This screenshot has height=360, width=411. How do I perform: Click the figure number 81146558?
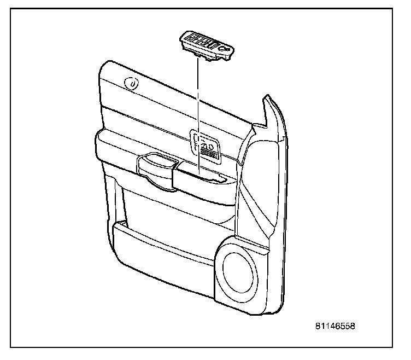(334, 327)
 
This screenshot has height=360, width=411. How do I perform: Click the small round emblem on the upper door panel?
(131, 83)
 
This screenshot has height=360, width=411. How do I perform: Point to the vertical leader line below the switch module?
(198, 109)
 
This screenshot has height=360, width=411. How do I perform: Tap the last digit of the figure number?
(353, 327)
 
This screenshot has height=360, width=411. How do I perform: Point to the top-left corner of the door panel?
(104, 66)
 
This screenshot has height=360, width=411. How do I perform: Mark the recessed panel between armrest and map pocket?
(175, 205)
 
